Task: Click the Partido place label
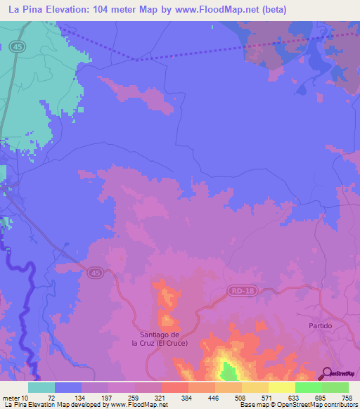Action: tap(320, 327)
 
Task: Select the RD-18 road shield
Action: tap(239, 290)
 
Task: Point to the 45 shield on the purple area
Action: tap(96, 272)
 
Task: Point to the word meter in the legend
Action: tap(13, 398)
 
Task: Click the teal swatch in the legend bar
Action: tap(41, 387)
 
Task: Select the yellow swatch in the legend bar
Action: tap(281, 387)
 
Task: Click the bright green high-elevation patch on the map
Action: tap(229, 372)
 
